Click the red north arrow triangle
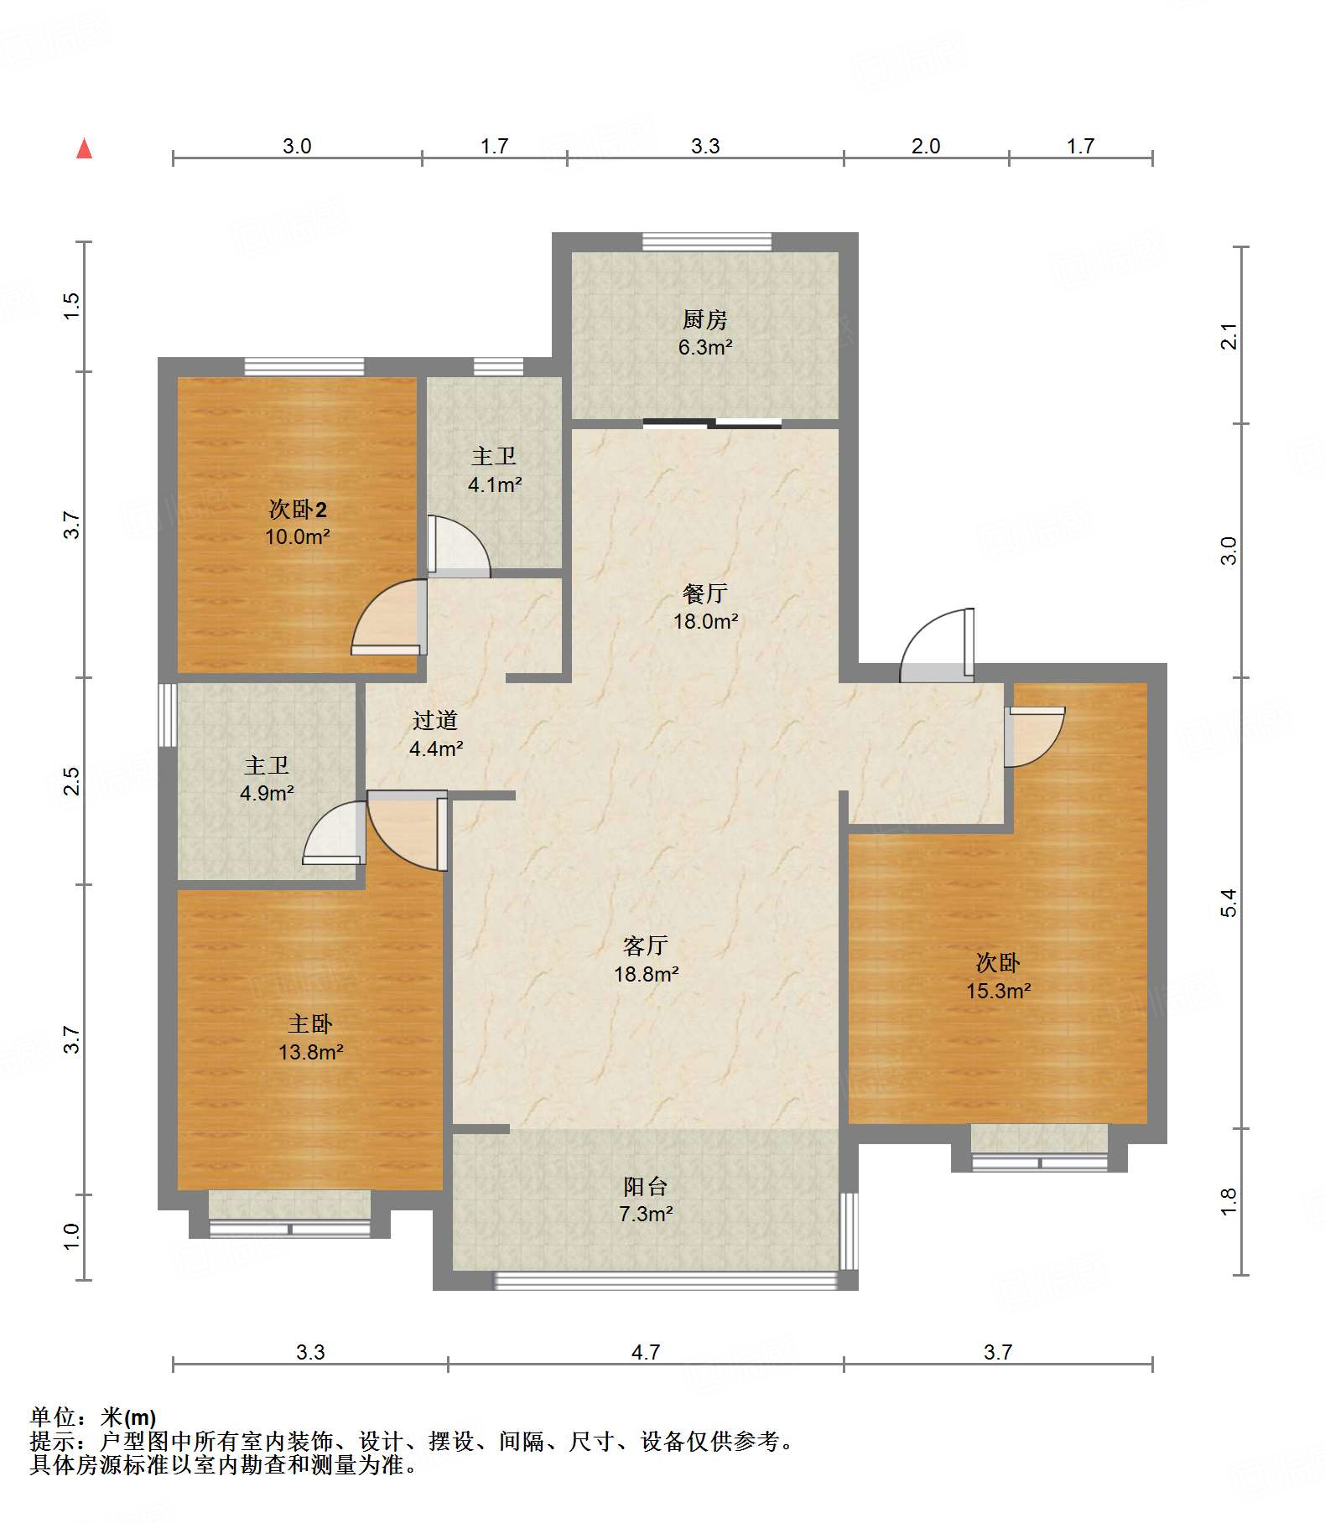(x=84, y=148)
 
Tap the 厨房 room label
(x=704, y=319)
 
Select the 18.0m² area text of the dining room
(x=705, y=621)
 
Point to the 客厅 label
(x=646, y=946)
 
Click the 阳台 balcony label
(x=646, y=1186)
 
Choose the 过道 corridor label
(x=435, y=720)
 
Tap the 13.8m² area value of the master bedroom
(x=311, y=1052)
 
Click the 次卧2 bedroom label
(x=298, y=509)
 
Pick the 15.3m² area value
(x=998, y=991)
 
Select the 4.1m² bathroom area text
(x=495, y=484)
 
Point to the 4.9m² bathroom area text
(x=267, y=793)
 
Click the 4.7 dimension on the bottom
(x=646, y=1352)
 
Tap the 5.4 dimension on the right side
(x=1229, y=903)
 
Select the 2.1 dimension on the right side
(x=1229, y=336)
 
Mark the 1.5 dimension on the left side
(x=72, y=305)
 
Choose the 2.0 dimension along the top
(x=926, y=146)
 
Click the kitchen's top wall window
(x=707, y=241)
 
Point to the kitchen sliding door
(x=712, y=423)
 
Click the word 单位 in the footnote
(x=54, y=1417)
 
